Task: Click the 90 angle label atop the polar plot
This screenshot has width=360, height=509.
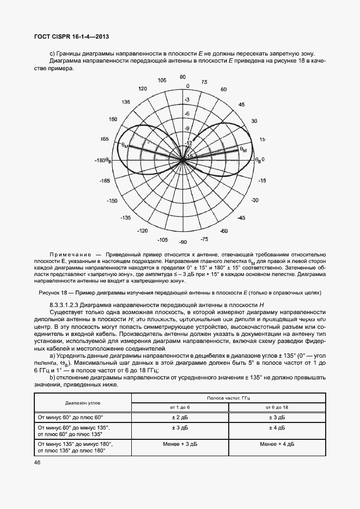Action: (183, 77)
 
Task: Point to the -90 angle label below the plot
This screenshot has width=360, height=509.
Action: (183, 242)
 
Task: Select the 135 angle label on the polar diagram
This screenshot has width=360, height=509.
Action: (126, 102)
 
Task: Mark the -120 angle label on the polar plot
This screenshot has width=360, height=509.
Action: (143, 231)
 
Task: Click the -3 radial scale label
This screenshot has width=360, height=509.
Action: (187, 100)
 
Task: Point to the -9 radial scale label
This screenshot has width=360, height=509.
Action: (186, 128)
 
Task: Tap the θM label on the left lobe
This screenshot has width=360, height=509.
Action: (125, 145)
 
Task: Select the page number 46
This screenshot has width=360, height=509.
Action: (38, 462)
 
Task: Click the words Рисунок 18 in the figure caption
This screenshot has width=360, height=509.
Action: (54, 292)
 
